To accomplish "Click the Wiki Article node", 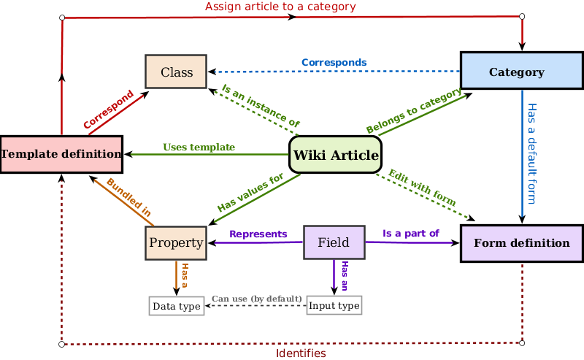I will (335, 155).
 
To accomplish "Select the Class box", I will (176, 72).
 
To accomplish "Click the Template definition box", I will (61, 154).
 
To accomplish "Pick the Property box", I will (176, 242).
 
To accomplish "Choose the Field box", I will (334, 242).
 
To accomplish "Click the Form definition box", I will (521, 243).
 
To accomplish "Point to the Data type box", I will (176, 306).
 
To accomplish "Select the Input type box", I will (334, 305).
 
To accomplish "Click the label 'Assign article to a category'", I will (280, 7).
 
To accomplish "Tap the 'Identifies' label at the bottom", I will (301, 353).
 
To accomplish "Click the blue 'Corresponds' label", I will (334, 63).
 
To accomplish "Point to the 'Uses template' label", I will (199, 148).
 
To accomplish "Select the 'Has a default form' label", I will (531, 153).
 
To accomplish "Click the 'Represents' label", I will (258, 234).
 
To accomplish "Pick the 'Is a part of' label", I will (411, 234).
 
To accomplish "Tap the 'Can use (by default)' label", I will (257, 299).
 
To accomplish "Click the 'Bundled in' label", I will (128, 197).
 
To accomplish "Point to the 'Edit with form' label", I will (422, 187).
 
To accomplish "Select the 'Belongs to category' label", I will (414, 111).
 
